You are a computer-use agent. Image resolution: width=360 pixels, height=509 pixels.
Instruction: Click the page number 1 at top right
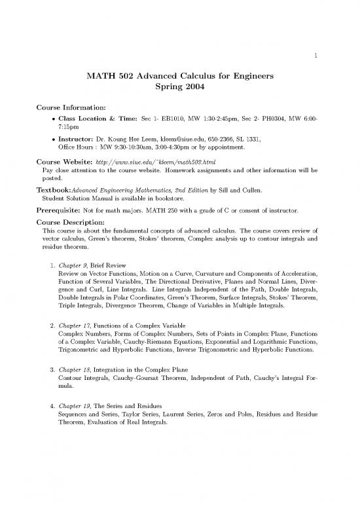point(315,56)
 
